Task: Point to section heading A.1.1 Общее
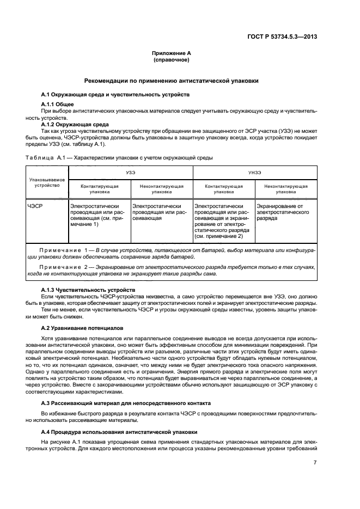[57, 104]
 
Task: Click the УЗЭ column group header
[130, 171]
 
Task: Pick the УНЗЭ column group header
[254, 171]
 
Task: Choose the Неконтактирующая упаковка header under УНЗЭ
[285, 188]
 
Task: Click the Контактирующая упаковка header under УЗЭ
[100, 188]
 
